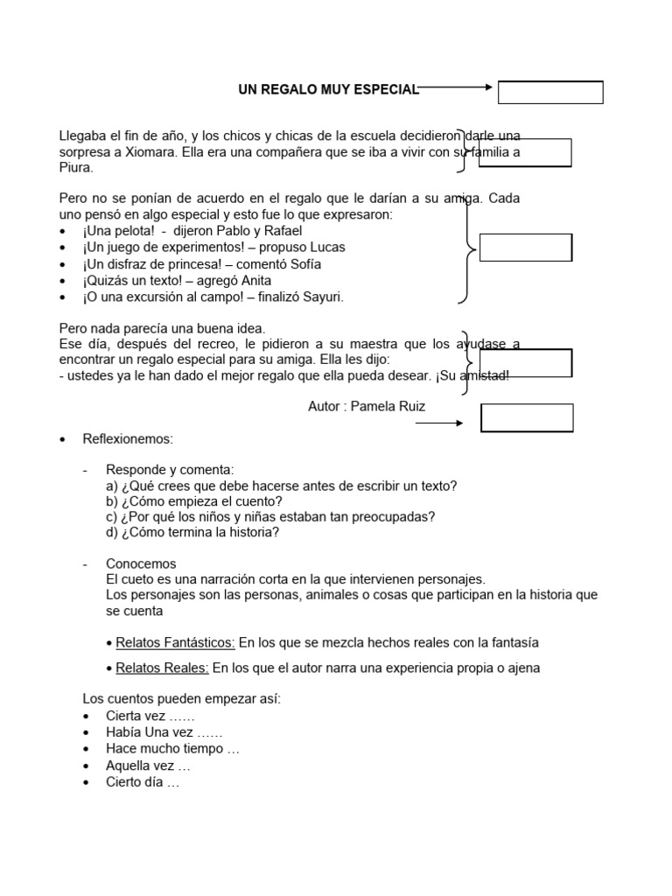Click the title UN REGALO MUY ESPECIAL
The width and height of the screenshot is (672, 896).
[x=328, y=89]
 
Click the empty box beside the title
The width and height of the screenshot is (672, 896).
[x=550, y=92]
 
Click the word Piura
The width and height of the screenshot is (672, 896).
[x=75, y=167]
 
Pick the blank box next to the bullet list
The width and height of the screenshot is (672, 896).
[x=526, y=248]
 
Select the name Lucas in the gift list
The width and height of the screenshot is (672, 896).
[x=326, y=248]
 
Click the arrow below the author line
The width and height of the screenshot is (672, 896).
[x=439, y=423]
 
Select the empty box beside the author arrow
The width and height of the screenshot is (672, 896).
[x=527, y=418]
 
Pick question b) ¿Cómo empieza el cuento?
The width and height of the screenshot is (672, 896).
[x=194, y=501]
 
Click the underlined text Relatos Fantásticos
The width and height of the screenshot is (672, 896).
[x=175, y=643]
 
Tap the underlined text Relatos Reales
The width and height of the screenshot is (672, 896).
[x=162, y=668]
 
